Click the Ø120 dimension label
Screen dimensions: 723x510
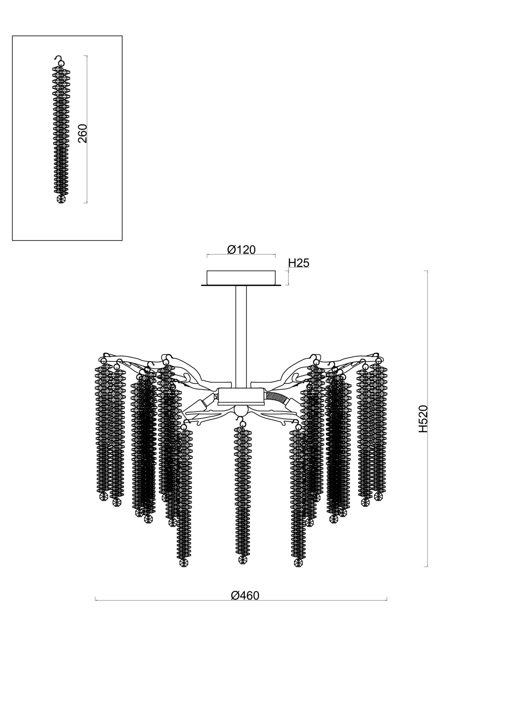241,250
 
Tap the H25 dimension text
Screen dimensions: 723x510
299,263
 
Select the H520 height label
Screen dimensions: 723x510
423,419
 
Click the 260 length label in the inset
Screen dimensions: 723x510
83,133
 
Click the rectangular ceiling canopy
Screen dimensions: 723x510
241,277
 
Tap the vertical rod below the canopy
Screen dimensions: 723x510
241,336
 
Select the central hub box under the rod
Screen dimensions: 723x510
241,396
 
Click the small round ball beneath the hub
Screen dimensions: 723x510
241,411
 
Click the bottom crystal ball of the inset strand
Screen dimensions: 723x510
61,199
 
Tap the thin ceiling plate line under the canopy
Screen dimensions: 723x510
241,286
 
